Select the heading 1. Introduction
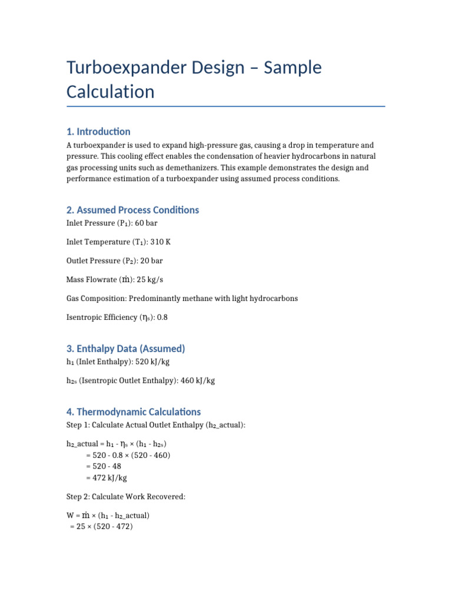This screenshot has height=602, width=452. pos(98,131)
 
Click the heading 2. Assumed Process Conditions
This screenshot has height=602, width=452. pos(132,210)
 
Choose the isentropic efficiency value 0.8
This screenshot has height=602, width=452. pos(166,317)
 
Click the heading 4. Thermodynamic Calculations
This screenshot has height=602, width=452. pos(134,412)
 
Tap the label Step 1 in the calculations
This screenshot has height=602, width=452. pos(78,426)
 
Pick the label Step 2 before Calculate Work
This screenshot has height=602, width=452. pos(78,497)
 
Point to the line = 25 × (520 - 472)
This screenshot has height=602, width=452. pos(101,527)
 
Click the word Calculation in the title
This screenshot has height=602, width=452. pos(110,92)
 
